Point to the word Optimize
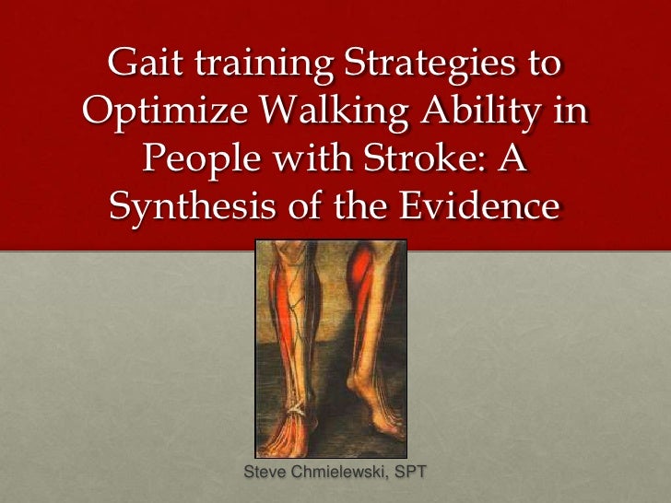tap(161, 114)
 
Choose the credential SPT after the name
tap(412, 473)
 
